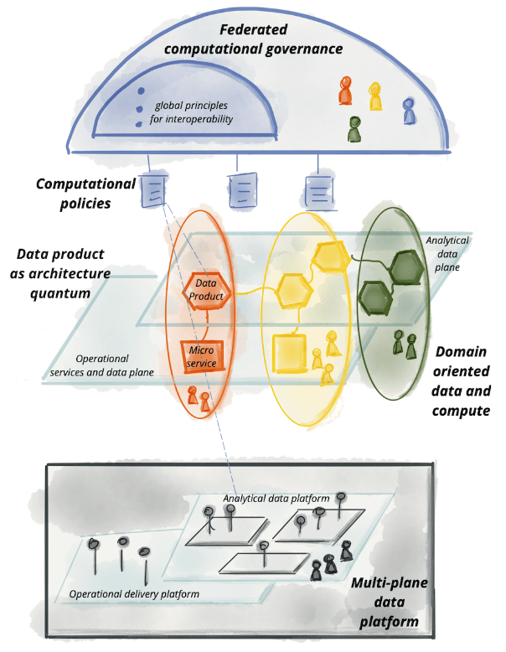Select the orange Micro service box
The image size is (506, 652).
[x=202, y=355]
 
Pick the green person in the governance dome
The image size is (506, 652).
[x=355, y=129]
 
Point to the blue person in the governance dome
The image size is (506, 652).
[x=408, y=109]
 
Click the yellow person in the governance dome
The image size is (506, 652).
[x=375, y=96]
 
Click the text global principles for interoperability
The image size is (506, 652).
[x=193, y=112]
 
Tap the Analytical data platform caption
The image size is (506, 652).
[x=276, y=499]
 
